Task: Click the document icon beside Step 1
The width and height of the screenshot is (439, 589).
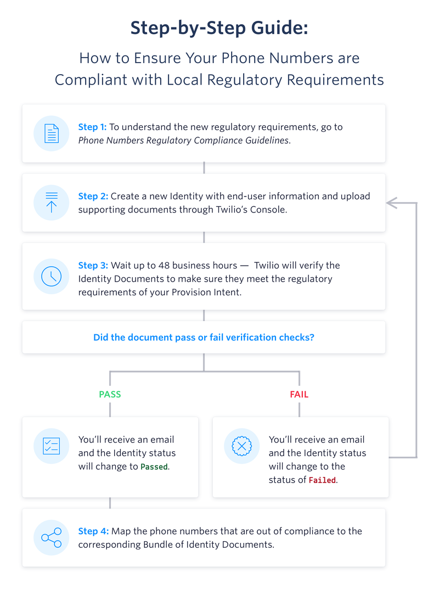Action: pos(52,133)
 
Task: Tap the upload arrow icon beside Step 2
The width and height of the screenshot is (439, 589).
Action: pos(52,203)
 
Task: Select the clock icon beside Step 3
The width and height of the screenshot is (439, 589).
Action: pos(52,276)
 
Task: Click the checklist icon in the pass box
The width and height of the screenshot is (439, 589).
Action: pos(52,446)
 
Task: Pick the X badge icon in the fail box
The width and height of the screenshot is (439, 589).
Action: pos(242,446)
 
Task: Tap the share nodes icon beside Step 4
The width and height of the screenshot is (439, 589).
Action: pos(52,537)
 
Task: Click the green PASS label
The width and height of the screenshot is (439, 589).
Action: pos(110,395)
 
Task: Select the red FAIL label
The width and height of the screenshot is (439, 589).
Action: pos(299,395)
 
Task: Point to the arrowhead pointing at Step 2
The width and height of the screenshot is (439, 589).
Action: pos(392,203)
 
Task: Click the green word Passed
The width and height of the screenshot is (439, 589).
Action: pos(154,467)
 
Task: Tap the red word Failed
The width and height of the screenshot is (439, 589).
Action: pos(322,480)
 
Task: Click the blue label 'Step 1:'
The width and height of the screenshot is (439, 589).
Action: pos(92,127)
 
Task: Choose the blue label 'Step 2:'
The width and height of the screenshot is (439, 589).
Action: pos(93,196)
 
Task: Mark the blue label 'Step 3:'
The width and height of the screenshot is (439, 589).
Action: pos(93,265)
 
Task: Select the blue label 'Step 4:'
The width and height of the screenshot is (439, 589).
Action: pos(93,531)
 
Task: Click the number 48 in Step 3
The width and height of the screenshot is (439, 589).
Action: pos(164,265)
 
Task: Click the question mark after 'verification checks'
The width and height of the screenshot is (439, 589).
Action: pos(312,338)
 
